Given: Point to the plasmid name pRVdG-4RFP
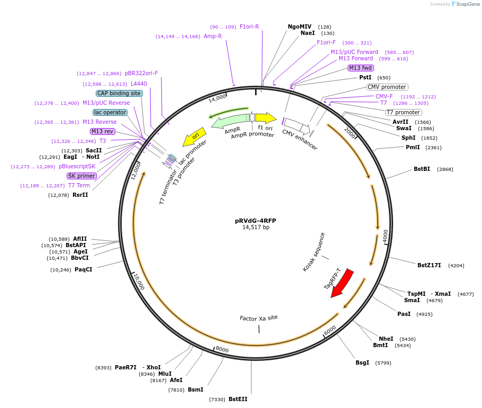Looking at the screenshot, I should click(x=256, y=221).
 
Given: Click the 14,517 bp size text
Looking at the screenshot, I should click(x=256, y=228).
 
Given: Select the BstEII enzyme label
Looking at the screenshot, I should click(x=238, y=399).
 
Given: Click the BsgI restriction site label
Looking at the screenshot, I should click(x=362, y=362).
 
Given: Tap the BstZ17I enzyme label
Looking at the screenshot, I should click(x=429, y=265).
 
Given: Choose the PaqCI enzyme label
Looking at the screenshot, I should click(x=83, y=269).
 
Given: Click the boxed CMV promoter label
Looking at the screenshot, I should click(x=387, y=87).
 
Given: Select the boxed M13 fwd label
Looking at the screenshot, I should click(x=360, y=68).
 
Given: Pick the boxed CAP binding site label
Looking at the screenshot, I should click(x=119, y=93).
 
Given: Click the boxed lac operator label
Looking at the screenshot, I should click(x=110, y=112).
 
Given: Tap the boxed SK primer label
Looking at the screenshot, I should click(x=81, y=176).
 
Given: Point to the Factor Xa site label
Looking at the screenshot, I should click(x=258, y=318).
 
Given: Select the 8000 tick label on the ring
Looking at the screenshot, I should click(x=222, y=349).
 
